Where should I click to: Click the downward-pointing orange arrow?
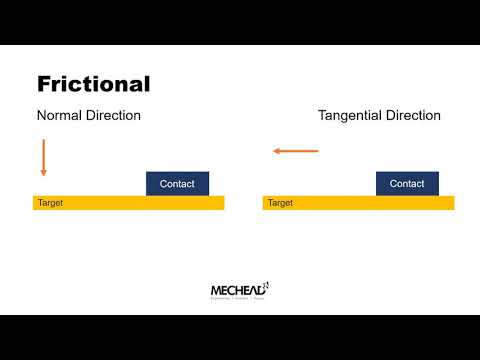(x=44, y=157)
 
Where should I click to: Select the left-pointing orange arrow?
(x=296, y=151)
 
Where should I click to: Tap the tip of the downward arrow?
(x=44, y=175)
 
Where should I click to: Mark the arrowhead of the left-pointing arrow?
(x=277, y=151)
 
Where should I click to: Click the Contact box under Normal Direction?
(x=177, y=184)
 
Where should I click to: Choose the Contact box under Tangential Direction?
(x=407, y=184)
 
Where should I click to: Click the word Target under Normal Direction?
(x=51, y=203)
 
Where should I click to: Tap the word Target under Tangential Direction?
(x=281, y=203)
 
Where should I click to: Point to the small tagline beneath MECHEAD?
(x=238, y=299)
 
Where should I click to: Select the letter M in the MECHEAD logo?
(x=216, y=291)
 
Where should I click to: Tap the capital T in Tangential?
(x=323, y=115)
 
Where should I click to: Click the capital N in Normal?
(x=42, y=115)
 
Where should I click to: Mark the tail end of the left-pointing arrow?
(x=317, y=151)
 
